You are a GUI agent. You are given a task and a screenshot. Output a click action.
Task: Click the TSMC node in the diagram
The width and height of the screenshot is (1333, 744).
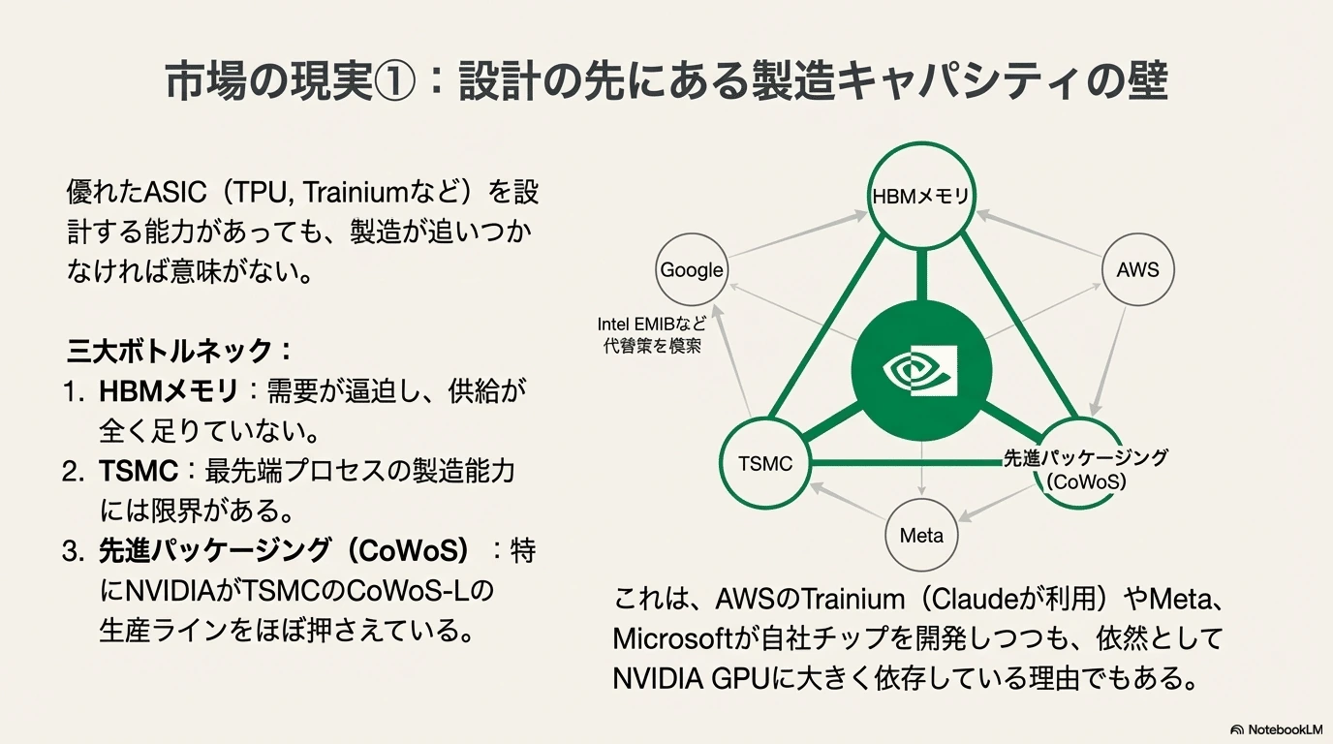[765, 464]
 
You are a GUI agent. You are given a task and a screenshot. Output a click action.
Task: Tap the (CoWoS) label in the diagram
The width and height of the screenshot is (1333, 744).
[1086, 481]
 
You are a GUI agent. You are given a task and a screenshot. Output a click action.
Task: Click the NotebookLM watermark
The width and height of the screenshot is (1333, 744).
[1276, 729]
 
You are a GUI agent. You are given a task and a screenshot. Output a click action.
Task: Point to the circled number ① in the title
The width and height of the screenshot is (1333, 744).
[394, 82]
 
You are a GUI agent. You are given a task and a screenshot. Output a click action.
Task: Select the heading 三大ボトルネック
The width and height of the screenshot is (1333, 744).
[170, 351]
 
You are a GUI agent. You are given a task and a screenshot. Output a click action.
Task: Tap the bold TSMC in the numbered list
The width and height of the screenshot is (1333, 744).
[139, 471]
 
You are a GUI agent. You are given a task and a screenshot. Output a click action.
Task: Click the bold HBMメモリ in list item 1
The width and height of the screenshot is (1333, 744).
[169, 391]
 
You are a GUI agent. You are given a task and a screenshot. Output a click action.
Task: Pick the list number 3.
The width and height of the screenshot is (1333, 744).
[74, 551]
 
